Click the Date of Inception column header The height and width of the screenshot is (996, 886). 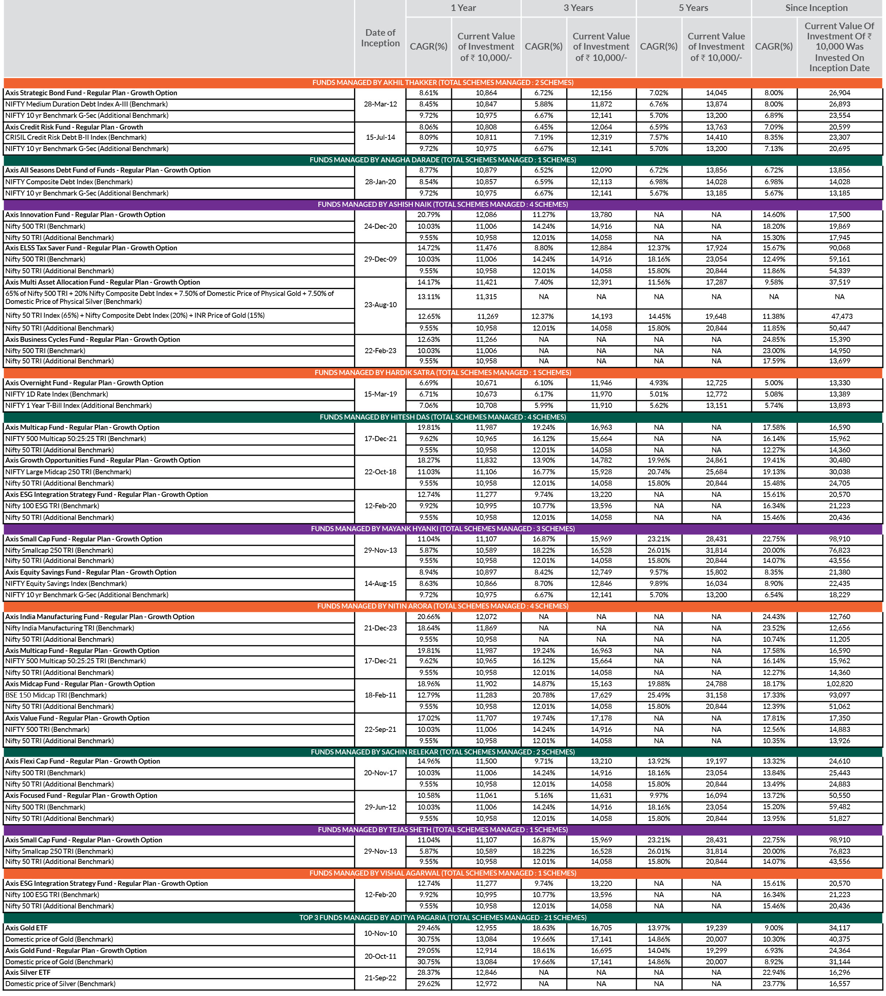click(x=380, y=38)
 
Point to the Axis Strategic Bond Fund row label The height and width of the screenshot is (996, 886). click(x=91, y=93)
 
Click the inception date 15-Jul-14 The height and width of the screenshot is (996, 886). click(x=380, y=138)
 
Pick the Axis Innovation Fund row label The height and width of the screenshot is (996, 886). click(x=85, y=215)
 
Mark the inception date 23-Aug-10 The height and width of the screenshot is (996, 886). click(x=380, y=305)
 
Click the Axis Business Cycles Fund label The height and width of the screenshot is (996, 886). click(x=93, y=340)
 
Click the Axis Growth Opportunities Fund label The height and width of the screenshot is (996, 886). click(x=103, y=460)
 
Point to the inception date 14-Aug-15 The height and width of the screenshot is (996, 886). click(x=380, y=584)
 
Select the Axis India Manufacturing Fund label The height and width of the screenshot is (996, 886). click(x=100, y=617)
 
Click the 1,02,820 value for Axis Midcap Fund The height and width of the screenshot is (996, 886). click(x=839, y=684)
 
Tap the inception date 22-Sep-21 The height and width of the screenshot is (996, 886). click(x=380, y=729)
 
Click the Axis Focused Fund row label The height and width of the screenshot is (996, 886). click(x=81, y=796)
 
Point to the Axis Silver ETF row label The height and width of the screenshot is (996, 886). click(x=28, y=973)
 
